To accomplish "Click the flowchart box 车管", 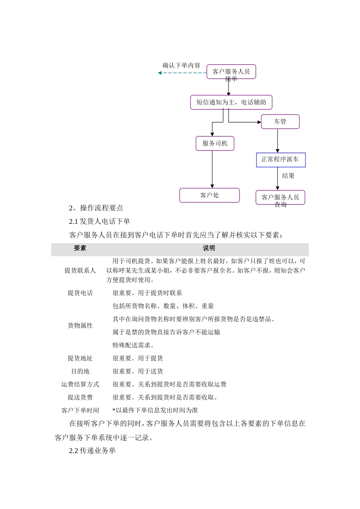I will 280,122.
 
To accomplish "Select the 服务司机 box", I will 215,144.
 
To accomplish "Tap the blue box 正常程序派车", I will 281,160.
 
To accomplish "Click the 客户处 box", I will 209,195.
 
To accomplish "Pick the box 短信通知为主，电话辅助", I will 231,102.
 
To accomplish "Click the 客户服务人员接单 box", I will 231,72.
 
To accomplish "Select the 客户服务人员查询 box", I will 280,197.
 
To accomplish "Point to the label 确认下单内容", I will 181,66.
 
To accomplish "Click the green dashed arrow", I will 182,73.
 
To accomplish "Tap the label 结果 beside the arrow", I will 288,176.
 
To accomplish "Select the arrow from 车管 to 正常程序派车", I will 277,141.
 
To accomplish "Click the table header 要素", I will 80,248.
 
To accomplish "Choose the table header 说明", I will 208,248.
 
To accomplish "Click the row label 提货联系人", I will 80,270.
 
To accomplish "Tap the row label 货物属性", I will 80,326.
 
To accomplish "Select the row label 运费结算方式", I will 80,384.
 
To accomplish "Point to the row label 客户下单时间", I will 80,411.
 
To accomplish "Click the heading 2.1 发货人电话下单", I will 99,222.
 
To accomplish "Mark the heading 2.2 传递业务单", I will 92,451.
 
